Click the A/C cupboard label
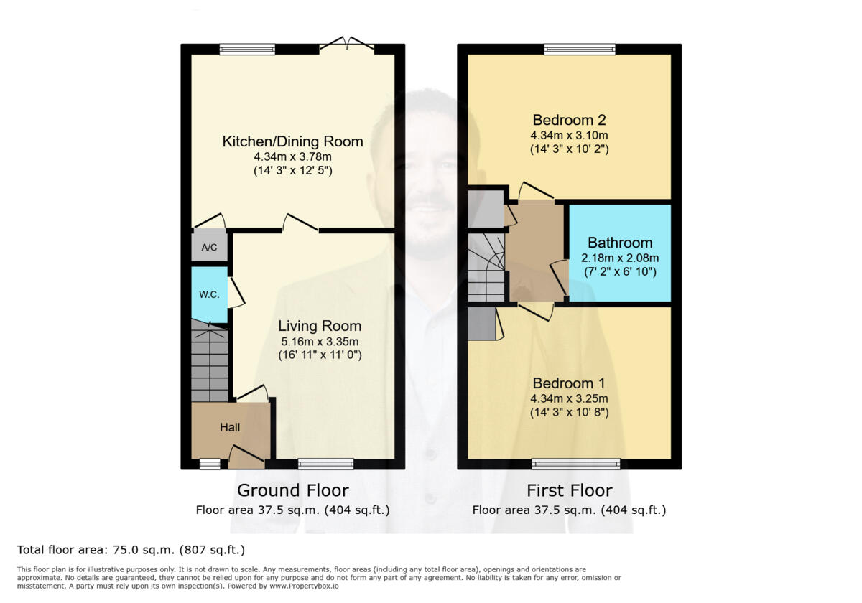209,248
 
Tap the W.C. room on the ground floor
208,294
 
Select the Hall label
230,427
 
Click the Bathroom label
620,243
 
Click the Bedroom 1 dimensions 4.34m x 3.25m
569,399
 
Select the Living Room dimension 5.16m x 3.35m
320,341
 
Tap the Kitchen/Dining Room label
292,141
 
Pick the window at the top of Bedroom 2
579,50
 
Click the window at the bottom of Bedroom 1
576,464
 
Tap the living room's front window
325,464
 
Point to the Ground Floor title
292,490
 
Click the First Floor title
569,490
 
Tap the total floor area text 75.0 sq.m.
131,550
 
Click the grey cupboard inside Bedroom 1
481,324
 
